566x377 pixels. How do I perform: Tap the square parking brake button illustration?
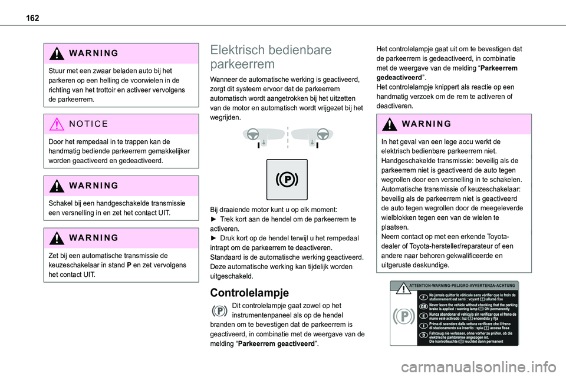[287, 179]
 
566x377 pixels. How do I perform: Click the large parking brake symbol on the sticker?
[403, 316]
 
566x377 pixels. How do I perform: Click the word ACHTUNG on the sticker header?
[503, 285]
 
